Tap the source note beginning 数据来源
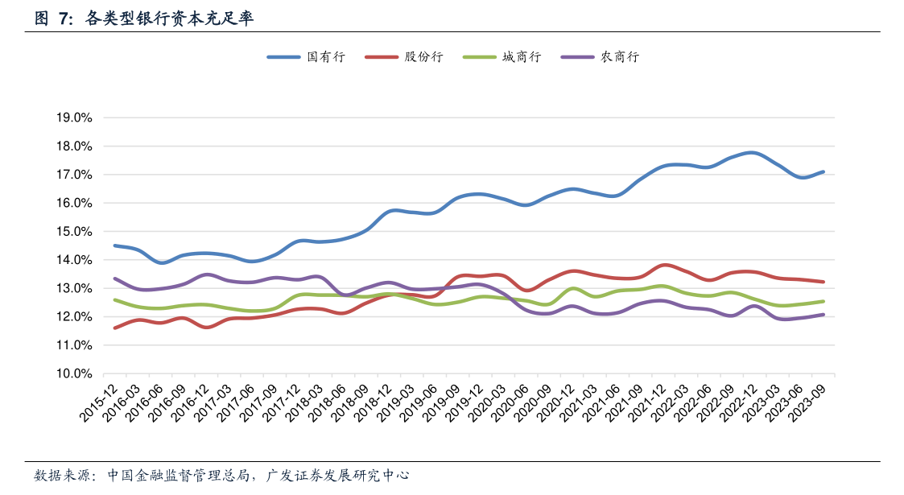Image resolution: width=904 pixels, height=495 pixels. pyautogui.click(x=222, y=476)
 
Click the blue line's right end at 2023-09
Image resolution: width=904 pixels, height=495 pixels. pyautogui.click(x=823, y=171)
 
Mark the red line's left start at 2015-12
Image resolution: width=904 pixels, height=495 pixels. pyautogui.click(x=115, y=328)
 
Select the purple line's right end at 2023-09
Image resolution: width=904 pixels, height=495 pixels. pyautogui.click(x=823, y=315)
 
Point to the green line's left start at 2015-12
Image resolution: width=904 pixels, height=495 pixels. pyautogui.click(x=115, y=299)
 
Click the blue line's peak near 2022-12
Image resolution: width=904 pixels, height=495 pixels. pyautogui.click(x=751, y=152)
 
